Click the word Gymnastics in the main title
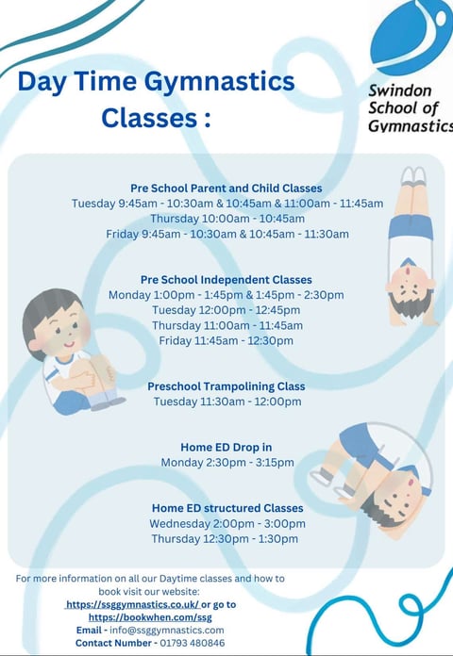point(220,82)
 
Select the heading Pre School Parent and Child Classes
point(226,189)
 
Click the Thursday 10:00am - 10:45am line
point(227,219)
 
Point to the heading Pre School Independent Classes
point(226,280)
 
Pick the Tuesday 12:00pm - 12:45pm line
point(226,310)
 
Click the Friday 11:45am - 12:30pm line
point(226,340)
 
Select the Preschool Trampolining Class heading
point(226,386)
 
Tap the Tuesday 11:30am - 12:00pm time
point(227,402)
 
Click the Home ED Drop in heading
point(226,448)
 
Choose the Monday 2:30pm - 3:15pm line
point(227,462)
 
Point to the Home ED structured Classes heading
point(227,508)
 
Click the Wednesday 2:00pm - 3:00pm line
point(227,523)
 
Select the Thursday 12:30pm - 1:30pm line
point(225,538)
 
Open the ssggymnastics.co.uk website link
point(132,604)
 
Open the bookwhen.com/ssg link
point(150,617)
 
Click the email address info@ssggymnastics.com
point(167,630)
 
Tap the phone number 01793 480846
point(193,643)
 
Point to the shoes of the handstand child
point(413,175)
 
